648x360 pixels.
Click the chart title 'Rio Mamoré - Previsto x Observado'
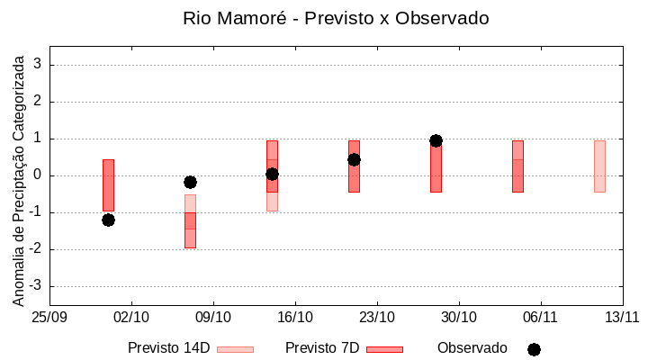(x=336, y=18)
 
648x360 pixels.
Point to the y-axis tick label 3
(x=38, y=65)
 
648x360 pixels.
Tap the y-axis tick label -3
(x=35, y=286)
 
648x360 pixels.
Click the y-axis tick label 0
(x=38, y=175)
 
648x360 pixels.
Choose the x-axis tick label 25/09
(x=49, y=318)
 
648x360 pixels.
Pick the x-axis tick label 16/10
(x=295, y=318)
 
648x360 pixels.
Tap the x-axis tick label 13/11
(x=622, y=318)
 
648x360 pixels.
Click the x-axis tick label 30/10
(x=459, y=318)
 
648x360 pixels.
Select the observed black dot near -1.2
(x=108, y=220)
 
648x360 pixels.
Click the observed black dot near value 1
(x=436, y=140)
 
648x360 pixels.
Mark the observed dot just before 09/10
(x=190, y=182)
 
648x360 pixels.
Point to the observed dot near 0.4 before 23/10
(x=354, y=159)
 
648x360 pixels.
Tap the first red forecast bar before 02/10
(x=108, y=184)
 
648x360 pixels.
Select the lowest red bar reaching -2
(x=190, y=230)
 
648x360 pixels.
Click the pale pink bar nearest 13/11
(x=599, y=166)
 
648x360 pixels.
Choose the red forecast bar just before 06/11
(x=517, y=166)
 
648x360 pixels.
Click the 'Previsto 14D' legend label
(x=168, y=348)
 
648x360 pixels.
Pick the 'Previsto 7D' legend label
(x=322, y=348)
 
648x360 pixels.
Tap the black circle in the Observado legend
(x=534, y=349)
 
